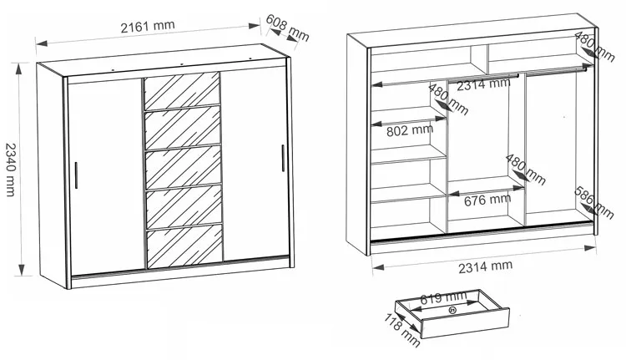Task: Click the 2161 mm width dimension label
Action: [x=148, y=27]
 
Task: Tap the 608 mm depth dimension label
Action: [x=287, y=28]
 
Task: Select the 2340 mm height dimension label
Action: [x=11, y=170]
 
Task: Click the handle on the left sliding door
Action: [x=76, y=175]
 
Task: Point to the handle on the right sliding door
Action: [x=283, y=158]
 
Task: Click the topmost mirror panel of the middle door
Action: [x=182, y=91]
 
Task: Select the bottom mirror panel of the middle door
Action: [x=184, y=246]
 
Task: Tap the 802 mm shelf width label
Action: [x=410, y=130]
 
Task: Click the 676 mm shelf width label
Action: [x=487, y=200]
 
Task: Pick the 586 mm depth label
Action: [x=593, y=203]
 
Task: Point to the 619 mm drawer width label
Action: [x=443, y=297]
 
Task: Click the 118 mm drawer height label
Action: [x=401, y=331]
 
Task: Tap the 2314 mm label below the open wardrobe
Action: [x=485, y=267]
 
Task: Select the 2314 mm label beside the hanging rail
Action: [x=483, y=84]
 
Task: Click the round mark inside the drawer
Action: [x=452, y=309]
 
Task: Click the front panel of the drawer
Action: [x=465, y=323]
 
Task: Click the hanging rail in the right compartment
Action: [x=556, y=70]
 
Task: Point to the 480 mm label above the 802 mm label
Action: [x=448, y=99]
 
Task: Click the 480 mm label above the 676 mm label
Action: [x=525, y=170]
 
